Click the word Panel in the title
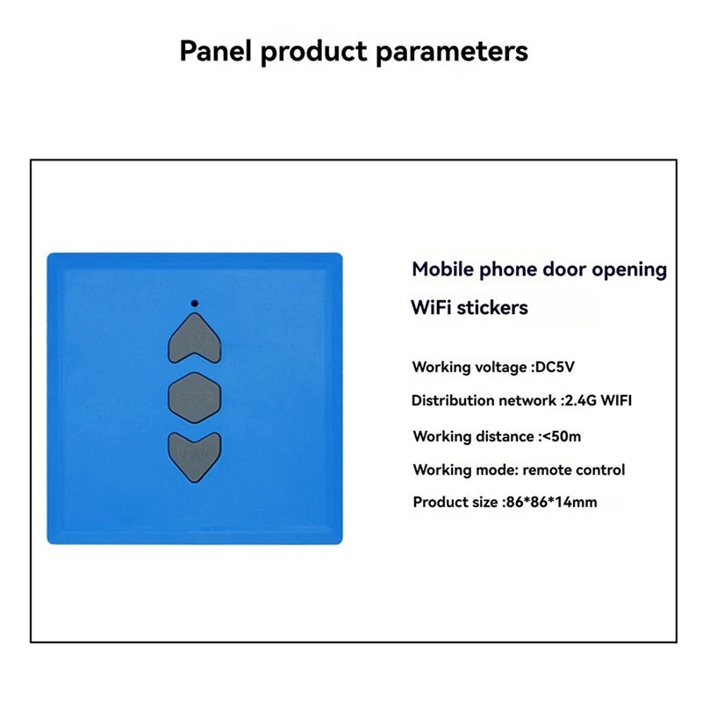click(216, 50)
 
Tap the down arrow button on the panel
click(194, 455)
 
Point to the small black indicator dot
click(194, 304)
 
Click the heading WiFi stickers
click(469, 308)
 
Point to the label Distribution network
click(483, 400)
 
